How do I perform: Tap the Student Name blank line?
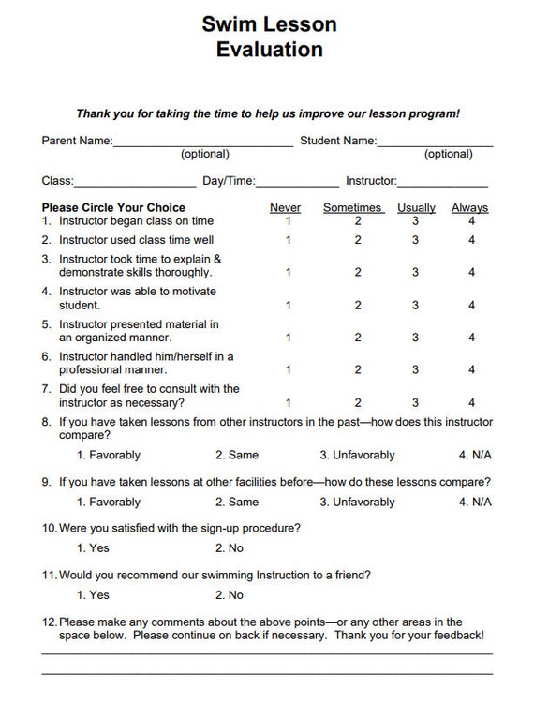[435, 142]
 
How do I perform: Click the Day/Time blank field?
[297, 182]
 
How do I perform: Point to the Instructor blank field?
[443, 182]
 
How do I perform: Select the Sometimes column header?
[352, 207]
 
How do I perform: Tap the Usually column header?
[416, 207]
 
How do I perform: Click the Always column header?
[469, 207]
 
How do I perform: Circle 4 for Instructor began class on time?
[472, 221]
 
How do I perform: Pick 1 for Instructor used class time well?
[289, 240]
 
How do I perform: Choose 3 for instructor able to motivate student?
[416, 305]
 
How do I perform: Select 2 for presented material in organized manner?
[358, 337]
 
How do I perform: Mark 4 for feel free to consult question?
[472, 403]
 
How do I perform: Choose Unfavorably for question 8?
[357, 455]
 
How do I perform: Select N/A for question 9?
[475, 502]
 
